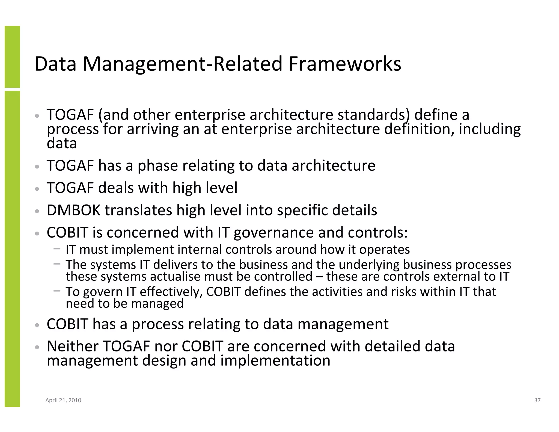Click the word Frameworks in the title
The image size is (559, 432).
point(345,64)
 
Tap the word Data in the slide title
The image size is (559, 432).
point(55,64)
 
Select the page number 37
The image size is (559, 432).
point(537,400)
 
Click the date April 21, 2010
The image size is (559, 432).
point(63,400)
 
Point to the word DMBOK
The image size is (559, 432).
point(73,210)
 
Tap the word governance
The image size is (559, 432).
point(273,233)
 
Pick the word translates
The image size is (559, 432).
point(138,210)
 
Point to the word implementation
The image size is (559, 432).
point(275,360)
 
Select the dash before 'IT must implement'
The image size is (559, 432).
point(57,249)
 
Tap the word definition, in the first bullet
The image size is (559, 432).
point(419,129)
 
